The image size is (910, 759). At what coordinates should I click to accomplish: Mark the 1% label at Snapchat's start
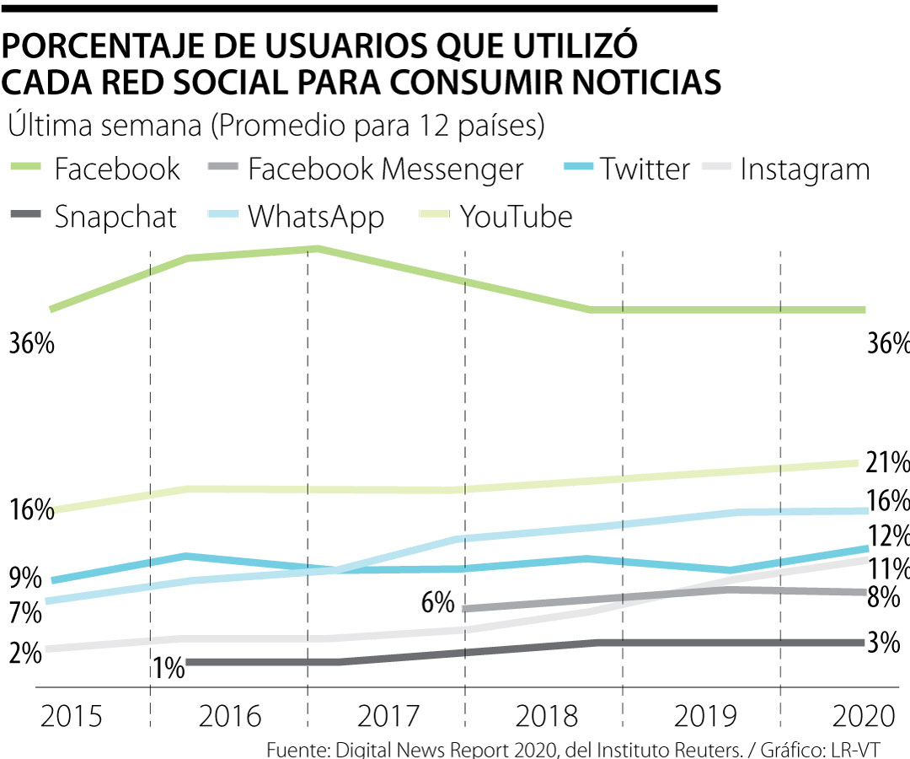point(169,669)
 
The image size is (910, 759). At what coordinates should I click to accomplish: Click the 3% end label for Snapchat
point(884,643)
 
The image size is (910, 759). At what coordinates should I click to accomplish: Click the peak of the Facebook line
point(316,249)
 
